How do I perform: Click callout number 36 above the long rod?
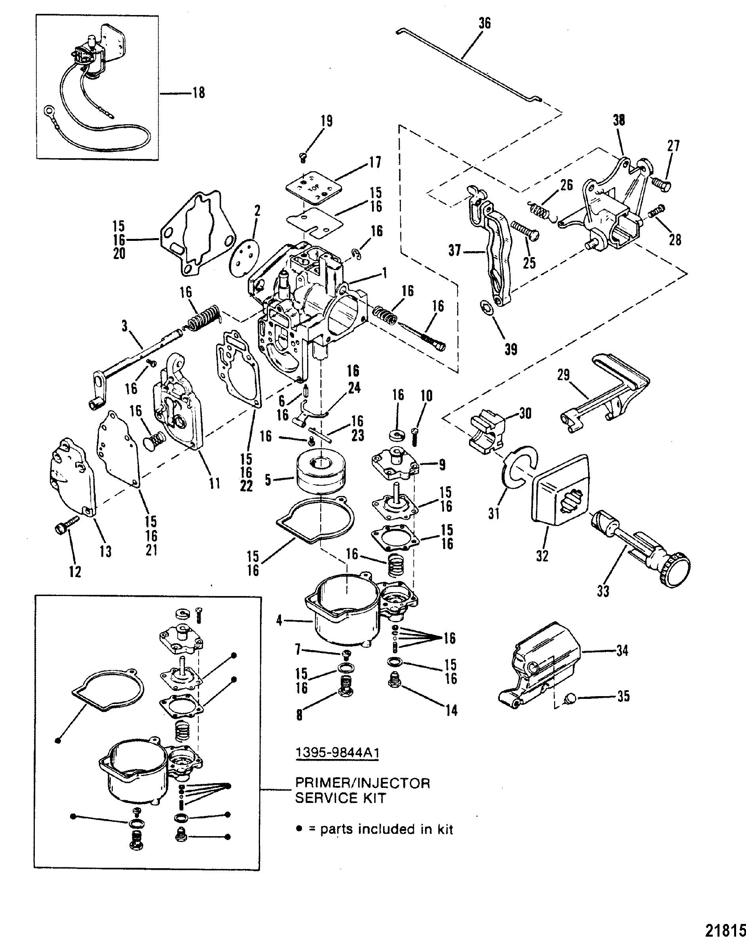click(x=484, y=23)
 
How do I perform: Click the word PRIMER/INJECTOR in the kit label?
click(x=362, y=783)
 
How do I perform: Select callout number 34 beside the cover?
click(x=622, y=650)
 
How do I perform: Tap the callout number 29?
click(x=564, y=375)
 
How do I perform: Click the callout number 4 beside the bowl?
click(x=279, y=620)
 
